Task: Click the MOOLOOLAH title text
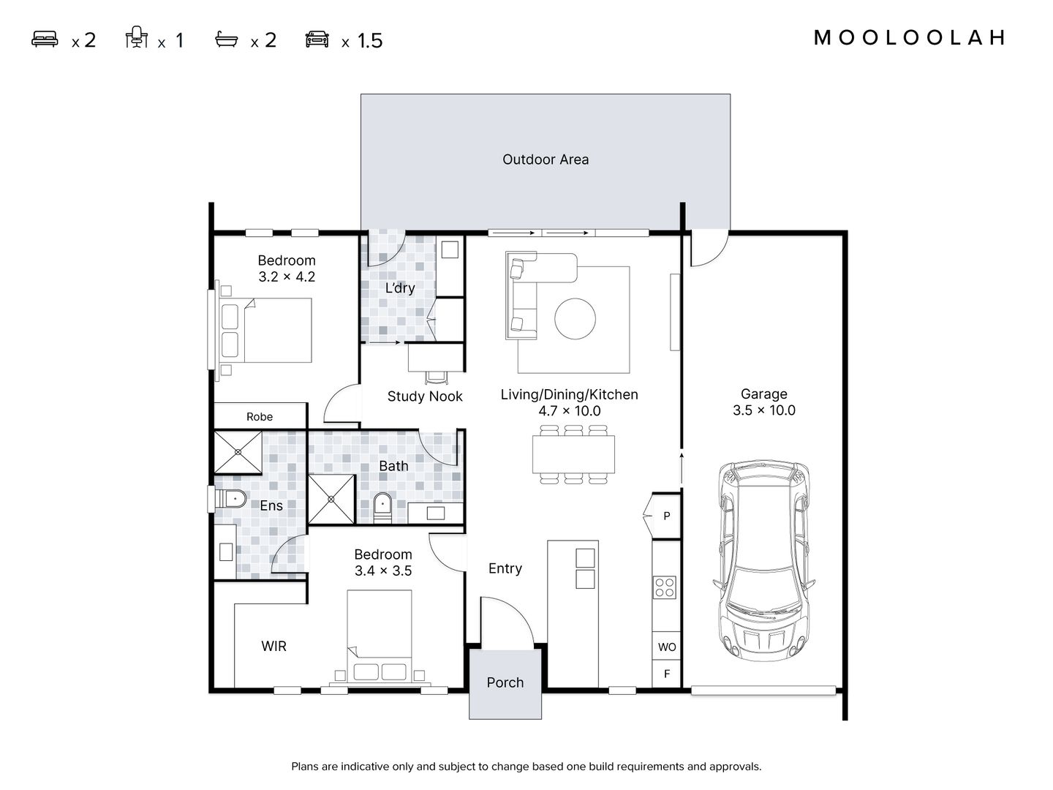(909, 38)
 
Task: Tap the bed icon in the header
(45, 39)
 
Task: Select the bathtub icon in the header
(227, 39)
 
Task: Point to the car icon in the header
(317, 39)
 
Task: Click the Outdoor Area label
(546, 159)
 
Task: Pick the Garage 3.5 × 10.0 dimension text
(763, 402)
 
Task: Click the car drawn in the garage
(763, 560)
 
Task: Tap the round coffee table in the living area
(575, 318)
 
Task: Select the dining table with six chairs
(573, 454)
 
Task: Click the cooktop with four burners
(665, 587)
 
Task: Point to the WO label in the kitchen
(667, 647)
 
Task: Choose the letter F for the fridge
(667, 674)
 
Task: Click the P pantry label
(667, 516)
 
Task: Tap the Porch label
(505, 682)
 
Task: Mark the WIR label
(273, 646)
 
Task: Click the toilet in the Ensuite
(231, 500)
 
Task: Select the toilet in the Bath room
(382, 508)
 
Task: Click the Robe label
(260, 417)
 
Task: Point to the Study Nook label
(425, 396)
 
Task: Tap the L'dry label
(399, 287)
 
